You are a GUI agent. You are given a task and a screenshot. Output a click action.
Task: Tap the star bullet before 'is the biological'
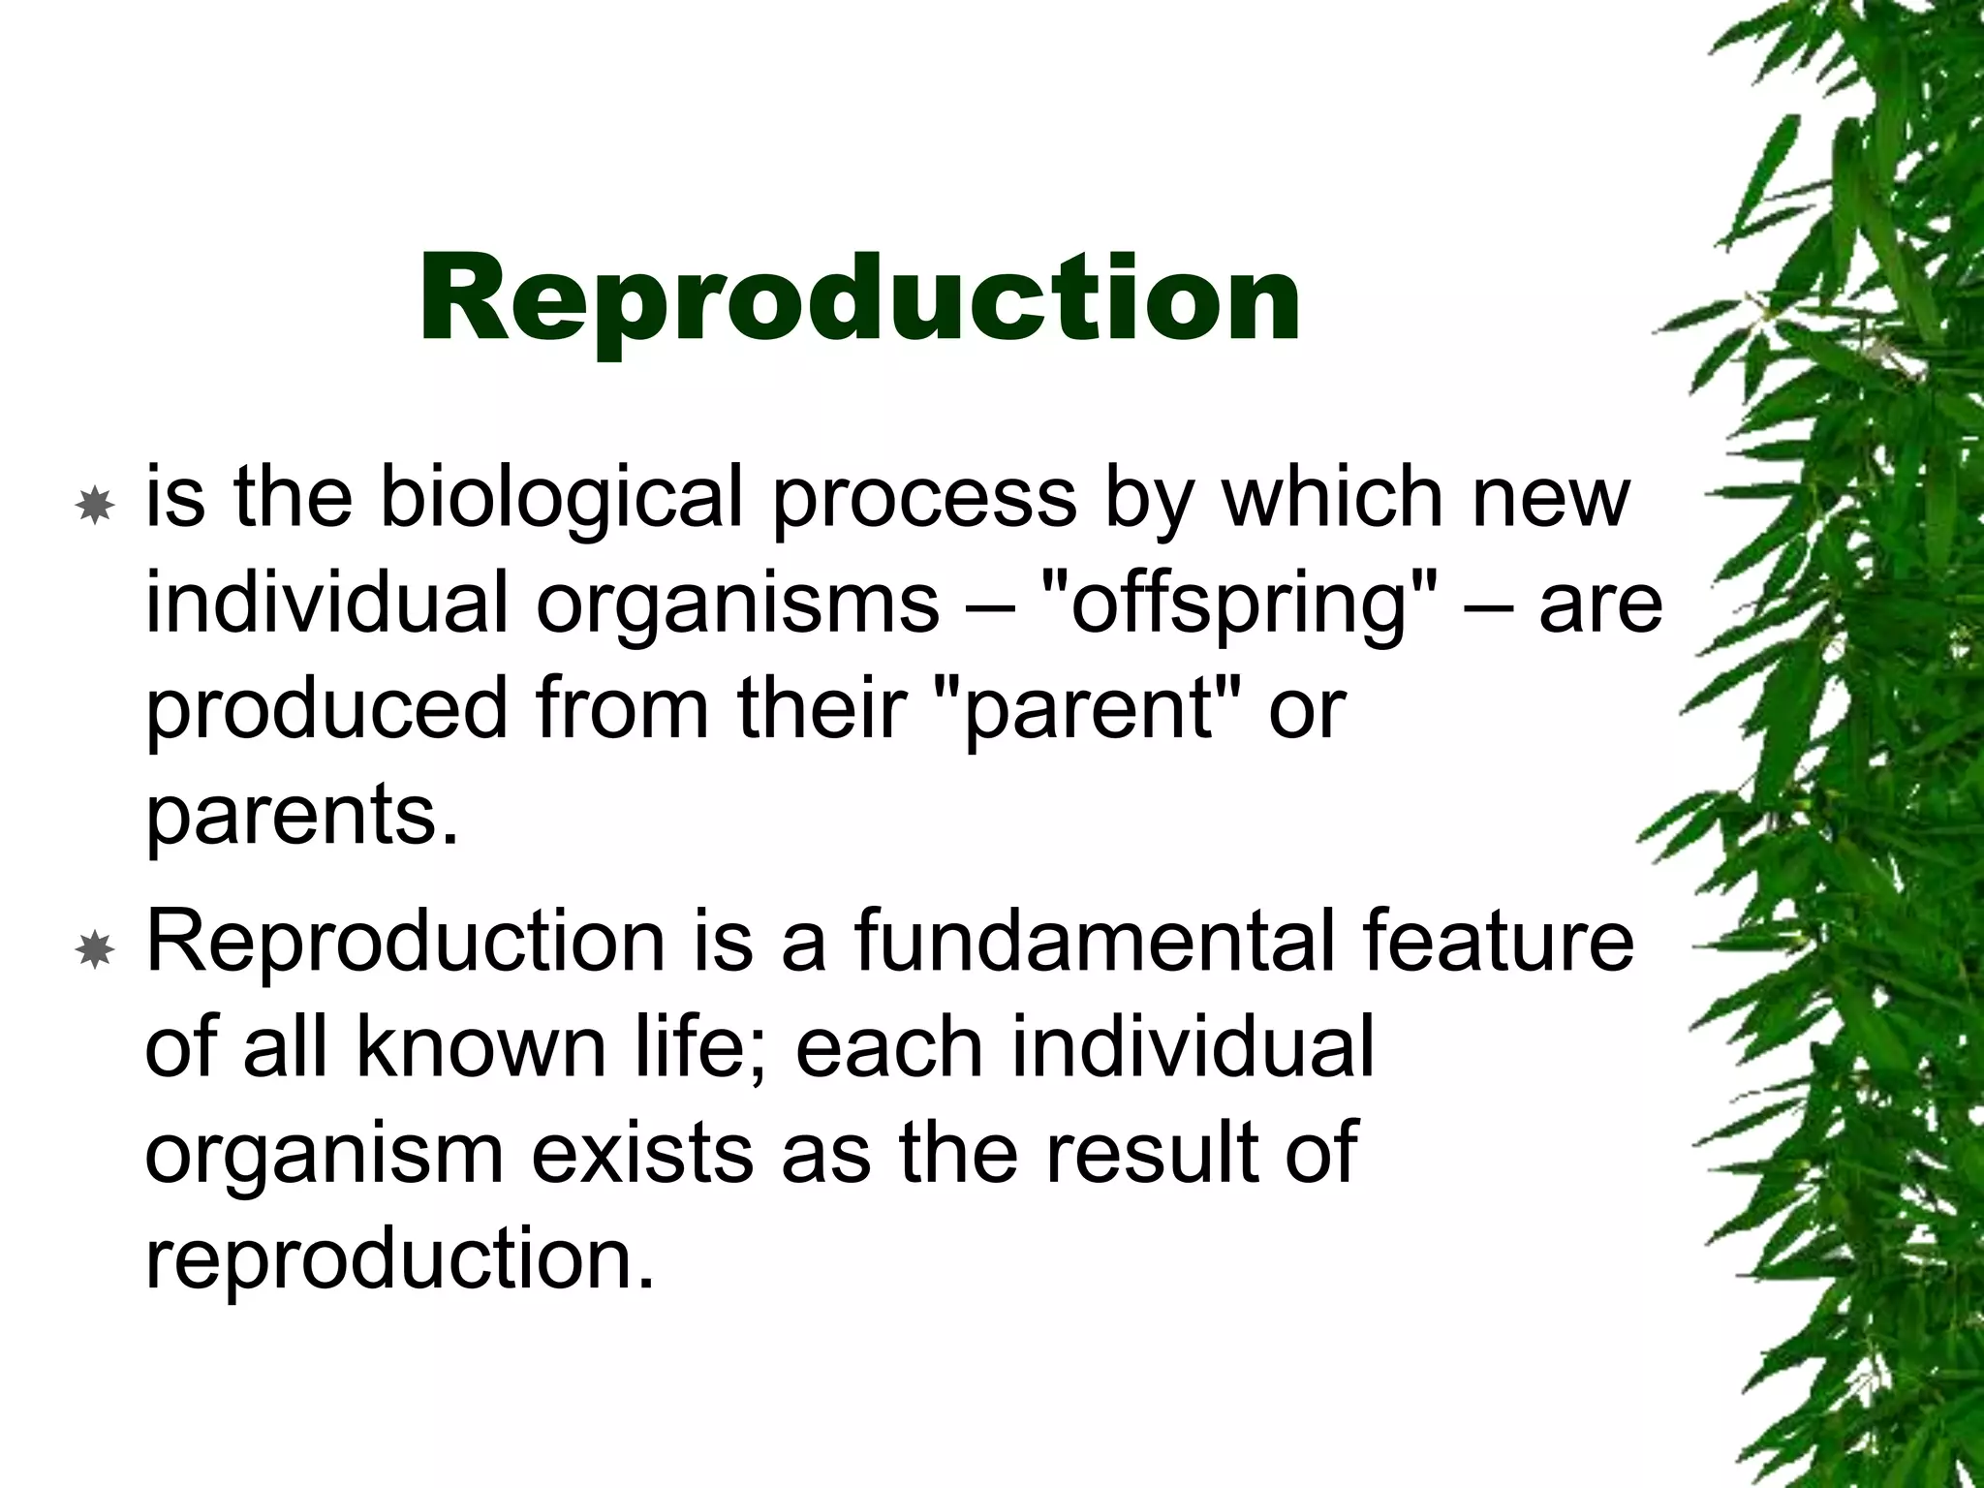coord(95,506)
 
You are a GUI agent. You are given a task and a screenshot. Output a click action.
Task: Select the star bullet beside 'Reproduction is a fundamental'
coord(95,951)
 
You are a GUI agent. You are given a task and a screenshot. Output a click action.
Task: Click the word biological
coord(561,498)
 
